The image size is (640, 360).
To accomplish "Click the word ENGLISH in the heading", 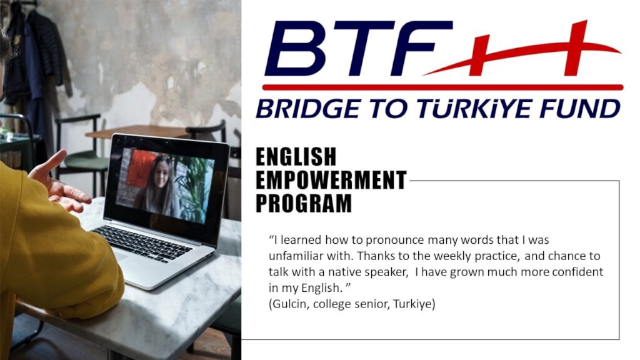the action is pyautogui.click(x=296, y=157).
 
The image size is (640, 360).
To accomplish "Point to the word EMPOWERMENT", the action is pyautogui.click(x=331, y=180).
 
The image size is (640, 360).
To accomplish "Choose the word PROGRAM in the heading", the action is pyautogui.click(x=304, y=203).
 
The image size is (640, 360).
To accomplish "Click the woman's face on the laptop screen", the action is pyautogui.click(x=161, y=174).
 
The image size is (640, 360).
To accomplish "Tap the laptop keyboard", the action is pyautogui.click(x=142, y=244).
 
